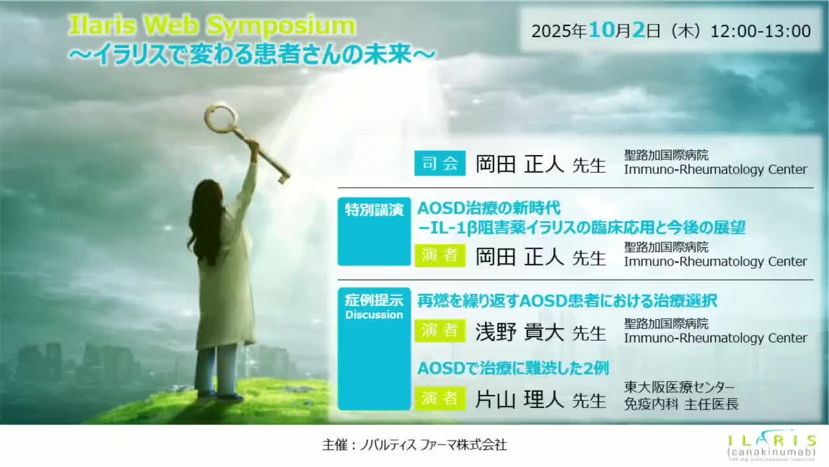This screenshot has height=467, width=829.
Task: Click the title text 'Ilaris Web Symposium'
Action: pos(212,26)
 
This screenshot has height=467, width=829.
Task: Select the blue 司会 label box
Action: pos(440,163)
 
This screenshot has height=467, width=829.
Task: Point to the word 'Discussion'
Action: pos(374,315)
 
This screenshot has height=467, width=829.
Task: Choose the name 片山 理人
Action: pos(520,398)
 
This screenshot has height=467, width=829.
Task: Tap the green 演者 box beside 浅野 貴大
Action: pos(440,331)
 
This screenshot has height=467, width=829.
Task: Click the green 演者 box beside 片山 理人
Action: pos(440,398)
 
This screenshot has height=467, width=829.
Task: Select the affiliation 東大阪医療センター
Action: pos(680,388)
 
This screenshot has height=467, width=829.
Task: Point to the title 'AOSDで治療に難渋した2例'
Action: pos(513,368)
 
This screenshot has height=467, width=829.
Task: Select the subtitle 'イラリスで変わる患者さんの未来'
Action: pos(252,54)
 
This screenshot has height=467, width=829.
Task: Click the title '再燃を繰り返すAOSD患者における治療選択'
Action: pos(567,301)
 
